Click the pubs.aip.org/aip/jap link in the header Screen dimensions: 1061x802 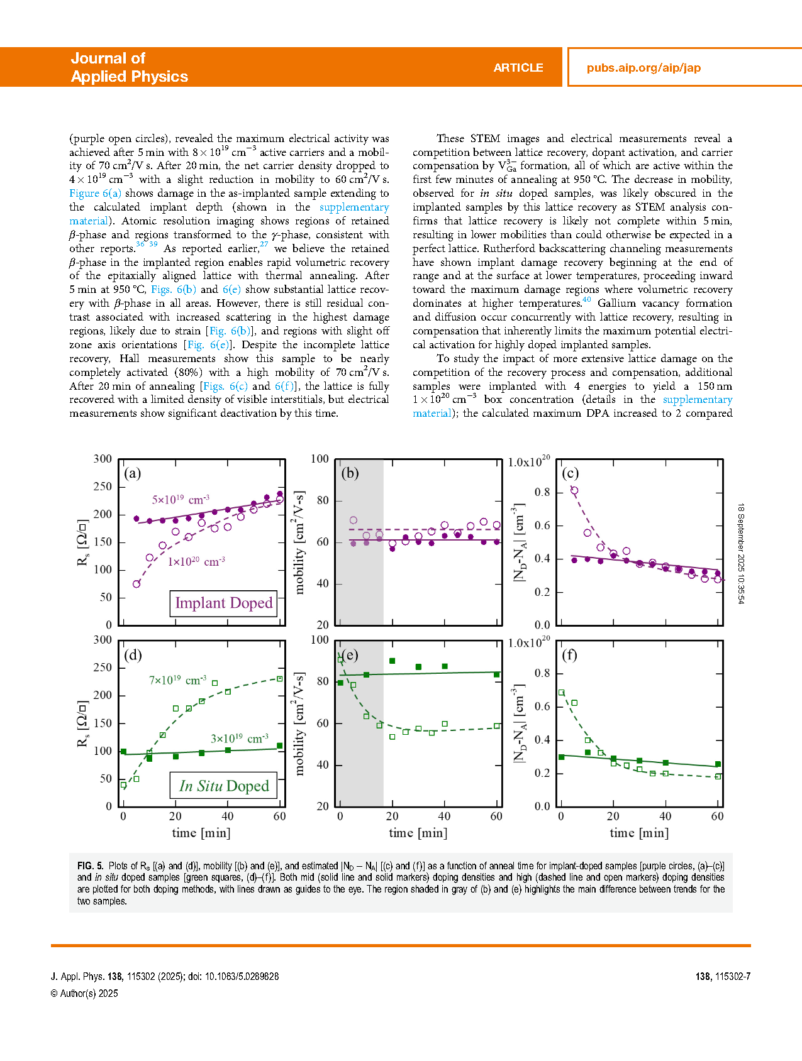(x=643, y=68)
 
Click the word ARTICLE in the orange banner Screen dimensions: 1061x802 (x=518, y=68)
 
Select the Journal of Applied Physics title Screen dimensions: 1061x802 (x=129, y=67)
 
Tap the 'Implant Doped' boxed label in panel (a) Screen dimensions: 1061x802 (x=223, y=603)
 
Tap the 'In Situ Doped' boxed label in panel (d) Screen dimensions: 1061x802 (x=223, y=786)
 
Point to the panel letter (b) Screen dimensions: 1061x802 (x=350, y=473)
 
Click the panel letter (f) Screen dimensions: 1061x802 (x=569, y=655)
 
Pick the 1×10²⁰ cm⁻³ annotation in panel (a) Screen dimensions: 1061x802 (x=196, y=561)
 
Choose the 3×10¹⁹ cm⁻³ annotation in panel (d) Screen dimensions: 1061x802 (x=239, y=739)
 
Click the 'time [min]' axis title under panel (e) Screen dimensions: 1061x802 (x=418, y=833)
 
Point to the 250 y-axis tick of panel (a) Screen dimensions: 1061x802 (x=103, y=487)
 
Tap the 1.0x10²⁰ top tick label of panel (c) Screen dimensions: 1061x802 (x=528, y=462)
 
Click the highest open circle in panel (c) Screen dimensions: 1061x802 (x=574, y=490)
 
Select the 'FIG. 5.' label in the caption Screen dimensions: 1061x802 (x=90, y=866)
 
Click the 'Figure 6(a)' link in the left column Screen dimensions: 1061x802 (x=95, y=193)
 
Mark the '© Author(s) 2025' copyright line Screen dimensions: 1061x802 (x=84, y=993)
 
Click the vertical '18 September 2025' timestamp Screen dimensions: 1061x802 (x=741, y=553)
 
